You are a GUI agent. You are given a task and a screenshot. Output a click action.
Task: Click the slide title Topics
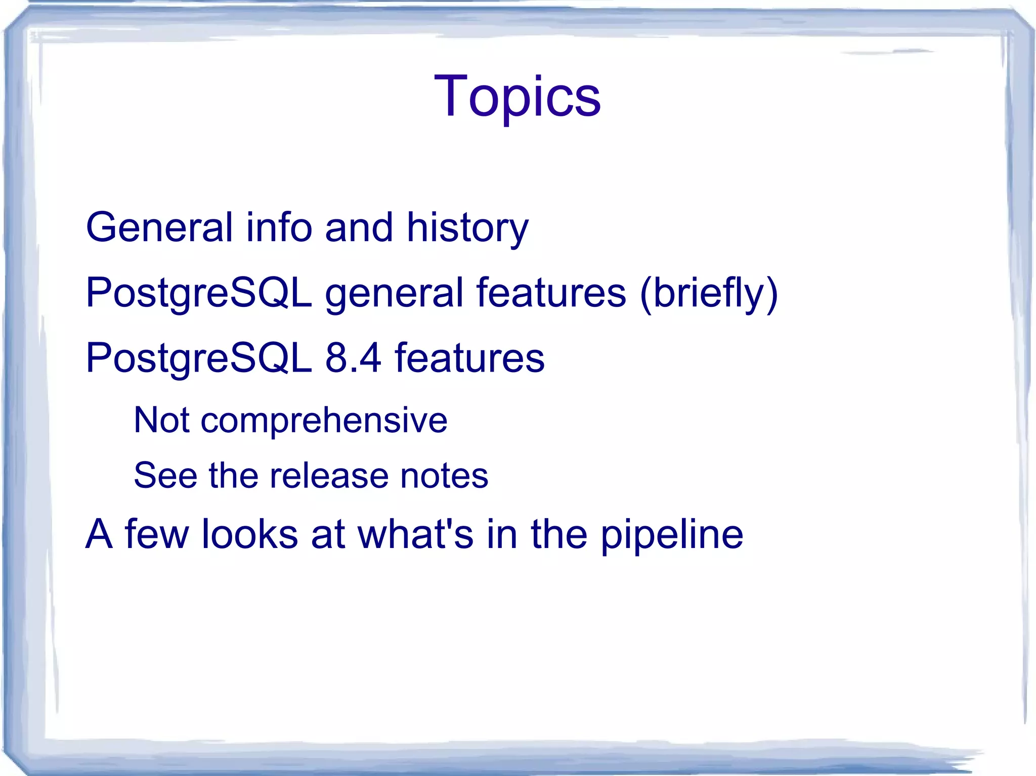click(517, 96)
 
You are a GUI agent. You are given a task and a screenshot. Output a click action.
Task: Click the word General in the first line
click(159, 227)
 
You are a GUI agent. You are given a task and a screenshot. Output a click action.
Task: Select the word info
click(279, 227)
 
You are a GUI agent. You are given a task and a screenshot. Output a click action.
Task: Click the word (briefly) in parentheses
click(708, 293)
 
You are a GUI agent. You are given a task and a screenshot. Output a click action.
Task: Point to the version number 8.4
click(353, 358)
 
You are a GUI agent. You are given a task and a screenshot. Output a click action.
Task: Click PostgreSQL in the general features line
click(199, 293)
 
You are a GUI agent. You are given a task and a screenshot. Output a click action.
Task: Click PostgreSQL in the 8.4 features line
click(199, 358)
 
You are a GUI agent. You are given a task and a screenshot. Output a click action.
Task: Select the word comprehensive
click(324, 421)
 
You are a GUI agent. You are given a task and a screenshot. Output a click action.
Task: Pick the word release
click(329, 475)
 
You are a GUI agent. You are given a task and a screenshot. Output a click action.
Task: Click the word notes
click(444, 476)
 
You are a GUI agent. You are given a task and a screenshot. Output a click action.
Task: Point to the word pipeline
click(671, 535)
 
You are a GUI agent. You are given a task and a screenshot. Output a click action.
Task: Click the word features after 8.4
click(469, 358)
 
